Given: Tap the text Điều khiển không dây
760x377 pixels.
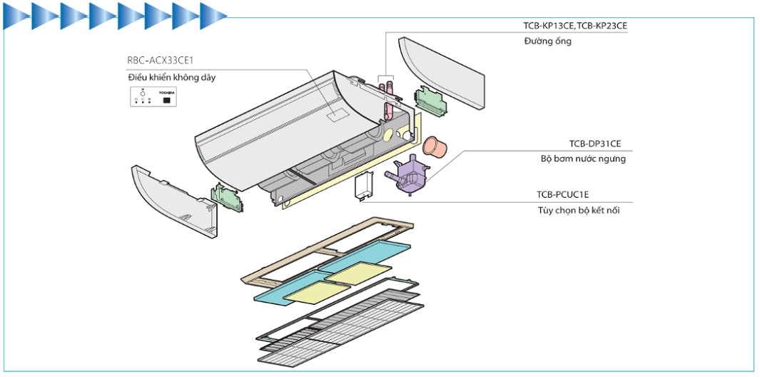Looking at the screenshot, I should pos(171,77).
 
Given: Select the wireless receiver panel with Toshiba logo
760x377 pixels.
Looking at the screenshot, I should pos(153,98).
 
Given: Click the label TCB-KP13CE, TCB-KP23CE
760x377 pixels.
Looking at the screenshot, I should pos(574,26).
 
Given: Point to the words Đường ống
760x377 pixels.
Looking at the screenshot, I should pos(547,41).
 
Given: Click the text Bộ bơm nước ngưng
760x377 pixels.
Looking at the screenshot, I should pos(583,159).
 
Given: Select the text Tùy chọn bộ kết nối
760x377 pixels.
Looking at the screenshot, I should pos(578,210).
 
